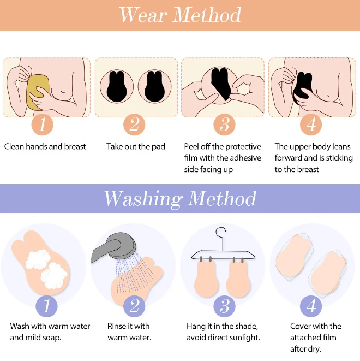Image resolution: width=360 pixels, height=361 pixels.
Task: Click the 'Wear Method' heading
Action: click(x=180, y=15)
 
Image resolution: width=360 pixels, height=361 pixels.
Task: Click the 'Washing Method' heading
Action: click(x=180, y=198)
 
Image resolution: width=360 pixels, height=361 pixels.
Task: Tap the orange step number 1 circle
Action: click(x=43, y=125)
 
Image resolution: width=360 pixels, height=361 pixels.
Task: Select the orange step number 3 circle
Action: click(x=224, y=125)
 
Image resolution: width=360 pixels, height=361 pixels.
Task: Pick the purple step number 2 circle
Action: click(x=134, y=306)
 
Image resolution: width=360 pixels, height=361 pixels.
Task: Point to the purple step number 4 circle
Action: click(x=311, y=306)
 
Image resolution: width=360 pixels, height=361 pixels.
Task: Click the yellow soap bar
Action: click(x=38, y=92)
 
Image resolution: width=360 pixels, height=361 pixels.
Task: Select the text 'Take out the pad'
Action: click(x=136, y=147)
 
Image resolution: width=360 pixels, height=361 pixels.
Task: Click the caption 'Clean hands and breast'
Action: click(x=45, y=147)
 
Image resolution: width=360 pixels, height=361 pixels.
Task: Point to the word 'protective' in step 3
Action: click(x=242, y=147)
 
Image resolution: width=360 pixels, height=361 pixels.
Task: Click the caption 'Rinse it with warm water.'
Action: click(x=129, y=332)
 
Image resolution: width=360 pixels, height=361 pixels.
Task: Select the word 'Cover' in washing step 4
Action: click(x=299, y=326)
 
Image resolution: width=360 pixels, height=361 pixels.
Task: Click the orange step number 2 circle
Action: click(x=134, y=125)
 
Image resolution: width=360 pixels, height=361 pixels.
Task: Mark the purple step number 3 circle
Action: click(x=224, y=306)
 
